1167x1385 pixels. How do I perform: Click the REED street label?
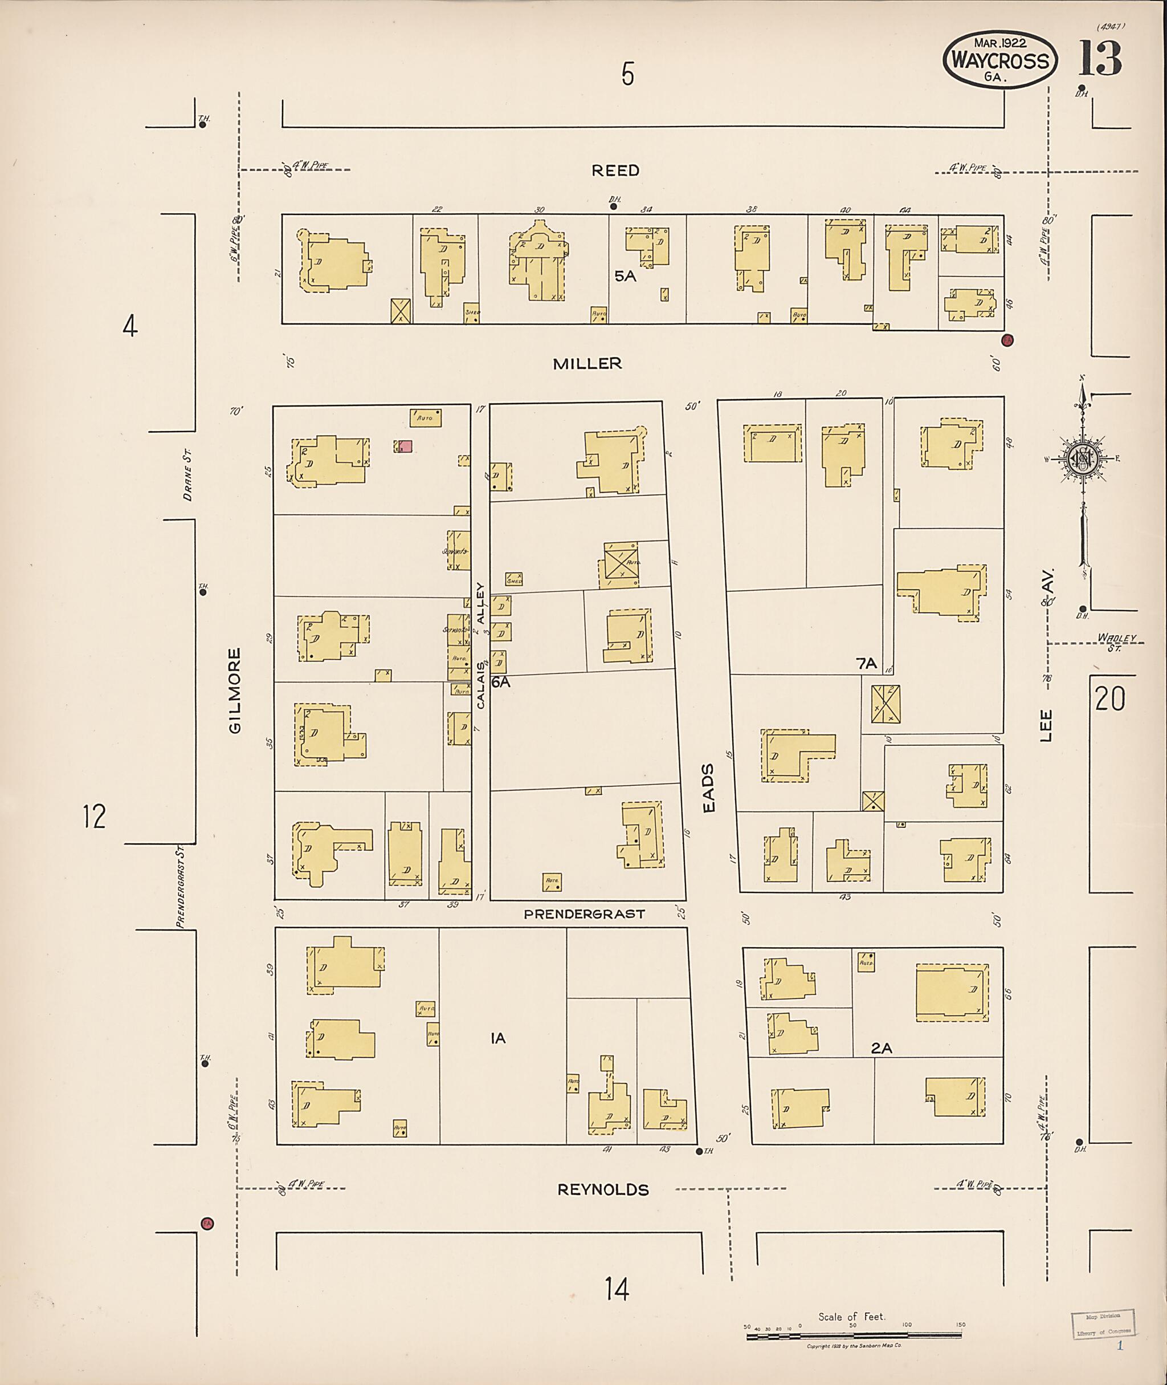click(615, 171)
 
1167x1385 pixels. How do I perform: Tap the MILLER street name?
click(587, 363)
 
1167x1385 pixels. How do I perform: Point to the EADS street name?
click(708, 788)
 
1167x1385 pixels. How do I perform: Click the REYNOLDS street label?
click(603, 1189)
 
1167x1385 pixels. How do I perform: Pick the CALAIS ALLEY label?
click(481, 645)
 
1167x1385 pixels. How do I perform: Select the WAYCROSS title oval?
click(999, 61)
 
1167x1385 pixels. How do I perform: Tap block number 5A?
click(625, 276)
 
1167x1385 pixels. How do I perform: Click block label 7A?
click(866, 663)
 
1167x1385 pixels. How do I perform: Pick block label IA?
click(498, 1039)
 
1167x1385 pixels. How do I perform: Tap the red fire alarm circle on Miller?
click(1007, 340)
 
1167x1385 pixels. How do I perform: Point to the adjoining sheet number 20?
click(1109, 698)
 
